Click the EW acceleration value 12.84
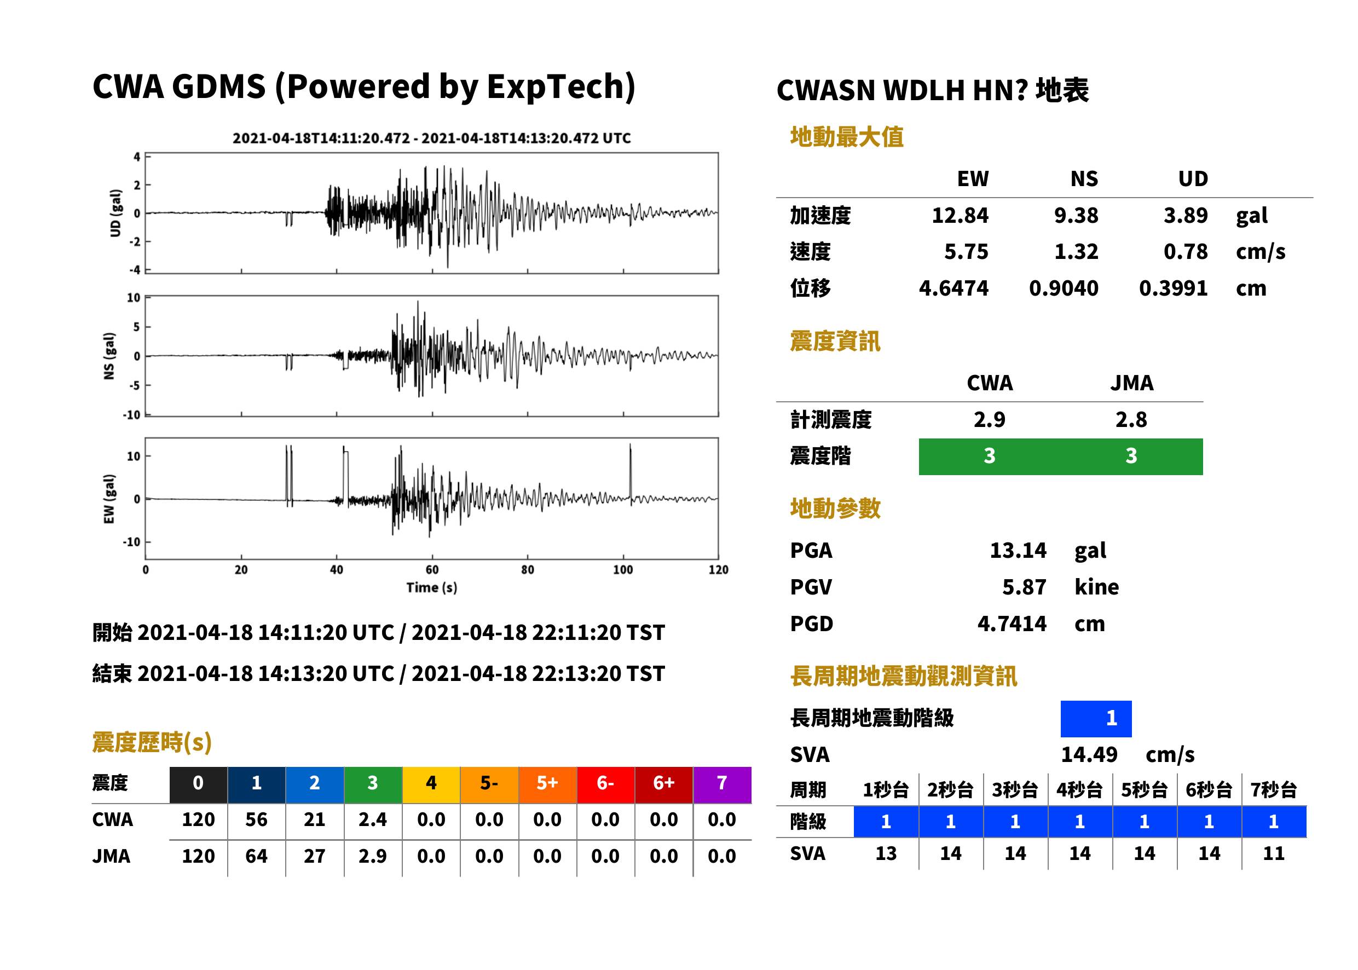pos(960,216)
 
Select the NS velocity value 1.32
pos(1076,252)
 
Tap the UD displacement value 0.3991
pos(1173,288)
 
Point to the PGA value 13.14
pos(1018,550)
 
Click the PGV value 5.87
pos(1024,587)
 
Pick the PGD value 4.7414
pos(1012,624)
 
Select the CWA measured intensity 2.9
pos(989,420)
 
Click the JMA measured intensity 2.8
pos(1130,420)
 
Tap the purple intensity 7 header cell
pos(721,783)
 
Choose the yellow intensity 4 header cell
pos(431,783)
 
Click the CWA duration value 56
pos(256,819)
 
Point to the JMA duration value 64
pos(256,857)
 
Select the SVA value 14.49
pos(1089,755)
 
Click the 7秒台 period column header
pos(1273,790)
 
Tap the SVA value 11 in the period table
pos(1273,853)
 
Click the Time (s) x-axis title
pos(432,588)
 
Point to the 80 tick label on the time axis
pos(527,570)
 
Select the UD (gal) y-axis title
pos(116,213)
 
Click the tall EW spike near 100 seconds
pos(630,471)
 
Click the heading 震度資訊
pos(834,342)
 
